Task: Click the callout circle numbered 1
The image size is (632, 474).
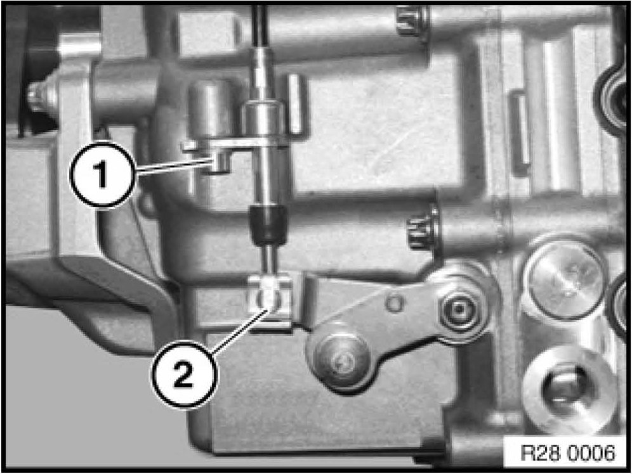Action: pyautogui.click(x=102, y=174)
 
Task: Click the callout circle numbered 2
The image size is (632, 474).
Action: pyautogui.click(x=184, y=375)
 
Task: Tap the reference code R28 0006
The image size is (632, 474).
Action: pyautogui.click(x=568, y=452)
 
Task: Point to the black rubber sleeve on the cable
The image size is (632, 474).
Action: pyautogui.click(x=267, y=225)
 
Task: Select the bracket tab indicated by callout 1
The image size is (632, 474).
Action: pyautogui.click(x=220, y=161)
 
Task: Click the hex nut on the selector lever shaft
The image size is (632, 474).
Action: pyautogui.click(x=459, y=309)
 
